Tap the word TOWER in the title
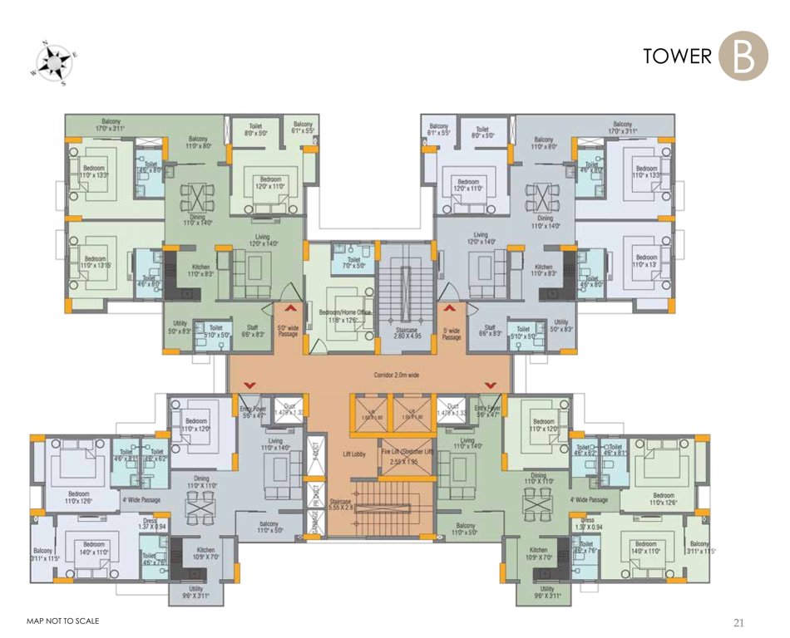(x=678, y=56)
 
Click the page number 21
(x=738, y=621)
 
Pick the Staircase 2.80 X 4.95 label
(x=406, y=335)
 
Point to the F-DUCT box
(x=316, y=454)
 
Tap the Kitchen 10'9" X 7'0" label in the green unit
(x=539, y=553)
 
